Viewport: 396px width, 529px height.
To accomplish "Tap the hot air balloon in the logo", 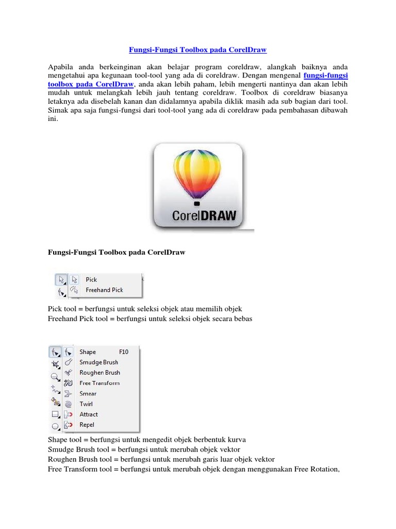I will (198, 170).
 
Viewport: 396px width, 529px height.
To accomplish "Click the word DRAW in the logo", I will (215, 214).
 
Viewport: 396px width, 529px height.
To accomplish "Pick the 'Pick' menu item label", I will (91, 279).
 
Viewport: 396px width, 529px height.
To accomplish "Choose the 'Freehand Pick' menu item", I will (104, 290).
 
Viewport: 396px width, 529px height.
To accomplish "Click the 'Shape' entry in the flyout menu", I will (88, 352).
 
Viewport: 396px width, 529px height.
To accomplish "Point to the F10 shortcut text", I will (124, 352).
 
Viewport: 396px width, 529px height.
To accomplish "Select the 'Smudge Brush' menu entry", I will (98, 362).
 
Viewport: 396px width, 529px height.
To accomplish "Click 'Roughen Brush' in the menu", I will (100, 372).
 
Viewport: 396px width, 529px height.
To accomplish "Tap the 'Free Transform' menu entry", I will (99, 383).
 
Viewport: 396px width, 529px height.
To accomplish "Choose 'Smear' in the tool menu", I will (88, 394).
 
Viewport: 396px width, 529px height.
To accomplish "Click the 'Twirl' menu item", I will (86, 404).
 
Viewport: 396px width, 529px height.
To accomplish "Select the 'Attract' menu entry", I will (88, 414).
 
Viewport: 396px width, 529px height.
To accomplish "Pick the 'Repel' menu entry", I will (87, 425).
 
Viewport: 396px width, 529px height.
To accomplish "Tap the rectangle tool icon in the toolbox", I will (55, 414).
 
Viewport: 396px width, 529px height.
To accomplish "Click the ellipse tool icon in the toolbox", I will (55, 426).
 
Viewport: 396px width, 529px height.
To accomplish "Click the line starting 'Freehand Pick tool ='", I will (150, 319).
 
